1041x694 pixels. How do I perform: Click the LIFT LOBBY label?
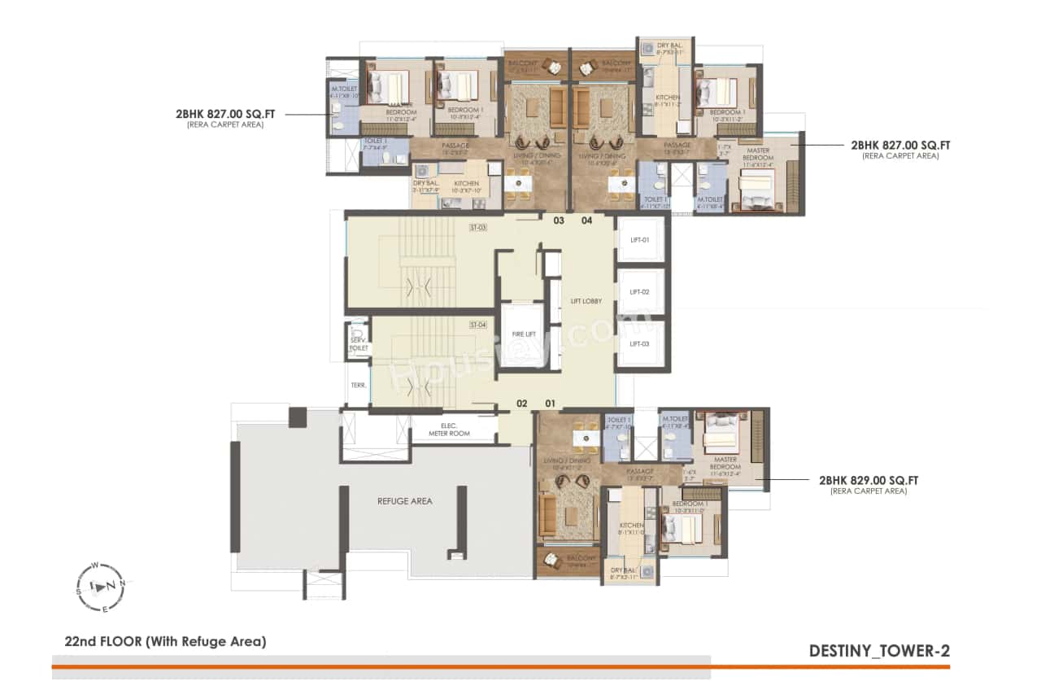click(586, 301)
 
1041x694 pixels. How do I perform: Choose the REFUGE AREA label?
click(404, 501)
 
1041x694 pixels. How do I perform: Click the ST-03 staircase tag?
click(477, 228)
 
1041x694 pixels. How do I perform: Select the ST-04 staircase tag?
click(477, 325)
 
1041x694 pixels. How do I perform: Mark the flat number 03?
click(559, 220)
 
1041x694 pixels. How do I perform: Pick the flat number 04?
click(587, 220)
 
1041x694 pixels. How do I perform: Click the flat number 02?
click(522, 403)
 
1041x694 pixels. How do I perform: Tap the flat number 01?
click(551, 403)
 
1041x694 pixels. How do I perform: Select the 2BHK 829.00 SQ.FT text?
click(869, 481)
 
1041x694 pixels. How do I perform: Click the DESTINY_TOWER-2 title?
click(879, 651)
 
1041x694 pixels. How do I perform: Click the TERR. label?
click(358, 386)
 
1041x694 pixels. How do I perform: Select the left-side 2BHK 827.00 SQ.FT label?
click(225, 115)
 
